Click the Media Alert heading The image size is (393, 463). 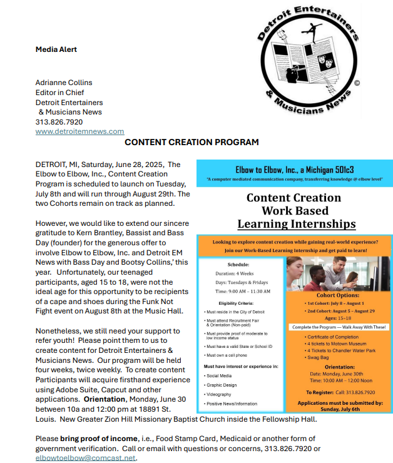[56, 49]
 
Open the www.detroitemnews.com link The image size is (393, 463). [79, 131]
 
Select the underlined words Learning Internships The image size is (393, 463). [297, 224]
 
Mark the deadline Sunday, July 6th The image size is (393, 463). [339, 409]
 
